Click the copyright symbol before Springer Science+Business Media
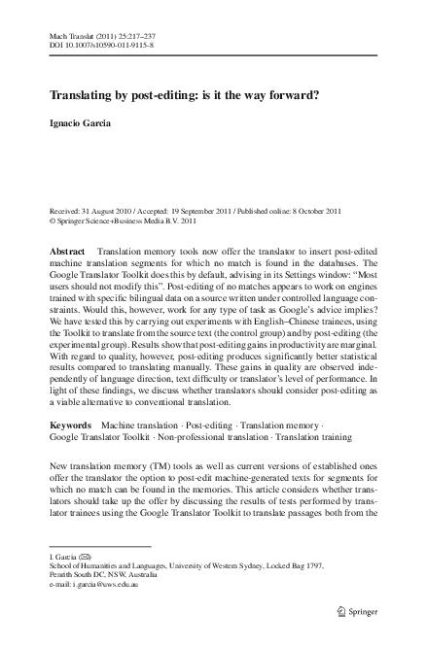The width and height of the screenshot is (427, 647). [x=52, y=221]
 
